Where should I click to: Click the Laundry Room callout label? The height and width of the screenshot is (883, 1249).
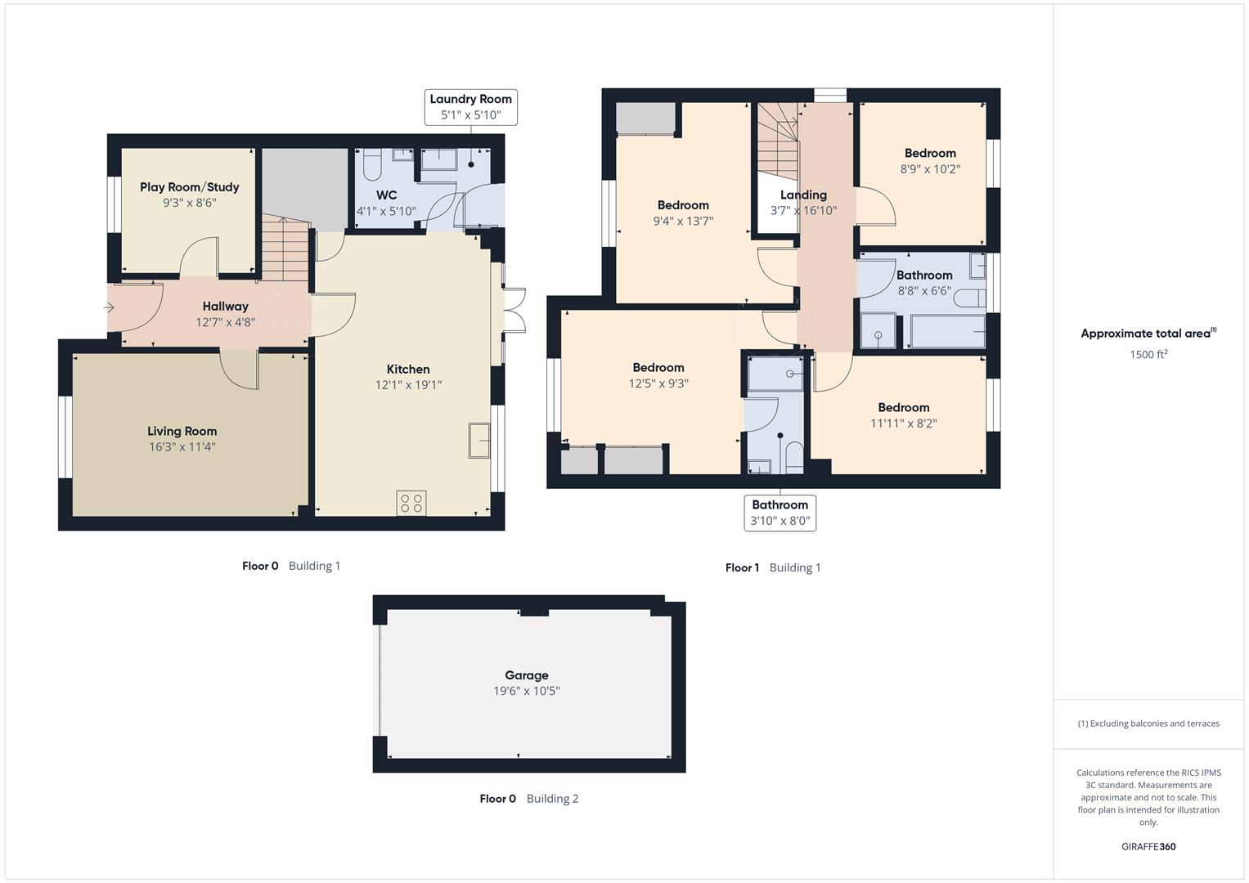point(470,107)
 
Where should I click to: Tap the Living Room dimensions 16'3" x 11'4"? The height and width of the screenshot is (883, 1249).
point(182,447)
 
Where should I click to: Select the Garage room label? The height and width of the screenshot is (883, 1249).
point(526,675)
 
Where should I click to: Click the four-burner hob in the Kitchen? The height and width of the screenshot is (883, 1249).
point(411,503)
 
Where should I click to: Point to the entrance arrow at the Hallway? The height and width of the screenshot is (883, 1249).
point(110,307)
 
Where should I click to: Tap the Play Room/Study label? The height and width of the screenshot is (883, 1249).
point(189,187)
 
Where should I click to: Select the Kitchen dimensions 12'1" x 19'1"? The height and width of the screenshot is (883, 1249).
point(408,385)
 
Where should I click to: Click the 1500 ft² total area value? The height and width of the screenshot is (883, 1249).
point(1148,355)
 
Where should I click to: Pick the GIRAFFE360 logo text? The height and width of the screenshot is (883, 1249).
point(1148,847)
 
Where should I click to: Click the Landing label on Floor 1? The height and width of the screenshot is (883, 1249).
point(803,195)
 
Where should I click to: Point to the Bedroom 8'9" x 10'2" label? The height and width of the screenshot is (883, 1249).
point(930,154)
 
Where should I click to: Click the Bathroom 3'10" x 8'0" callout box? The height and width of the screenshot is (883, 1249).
point(780,513)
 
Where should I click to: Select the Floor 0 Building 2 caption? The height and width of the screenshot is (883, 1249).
point(528,799)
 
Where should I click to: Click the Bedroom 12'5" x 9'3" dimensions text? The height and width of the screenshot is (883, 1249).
point(658,383)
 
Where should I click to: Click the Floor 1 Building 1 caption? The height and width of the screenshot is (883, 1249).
point(772,567)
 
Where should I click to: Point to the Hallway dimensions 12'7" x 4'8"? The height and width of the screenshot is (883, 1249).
point(225,322)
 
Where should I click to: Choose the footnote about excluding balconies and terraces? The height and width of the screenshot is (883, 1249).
point(1148,724)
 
